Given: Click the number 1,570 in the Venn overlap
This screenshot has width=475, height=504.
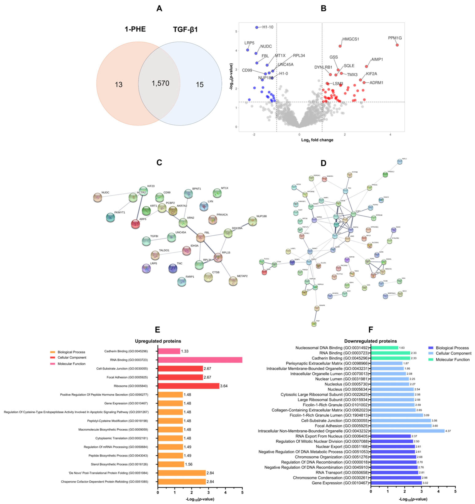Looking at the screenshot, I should click(x=160, y=83).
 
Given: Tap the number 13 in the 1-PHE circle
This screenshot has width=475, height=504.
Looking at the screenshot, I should click(x=119, y=85).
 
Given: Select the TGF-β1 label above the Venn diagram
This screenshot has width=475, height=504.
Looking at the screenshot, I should click(x=185, y=30).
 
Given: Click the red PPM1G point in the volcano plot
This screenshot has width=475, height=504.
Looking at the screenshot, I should click(x=397, y=45).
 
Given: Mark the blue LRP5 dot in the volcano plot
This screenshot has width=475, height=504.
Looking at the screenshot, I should click(x=247, y=50).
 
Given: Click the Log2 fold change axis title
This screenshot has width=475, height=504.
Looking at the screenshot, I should click(x=317, y=140).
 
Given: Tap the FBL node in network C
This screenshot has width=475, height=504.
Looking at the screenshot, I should click(x=200, y=238).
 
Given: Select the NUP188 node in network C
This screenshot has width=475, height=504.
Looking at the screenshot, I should click(x=253, y=221).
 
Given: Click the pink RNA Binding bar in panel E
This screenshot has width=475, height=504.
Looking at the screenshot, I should click(x=200, y=360).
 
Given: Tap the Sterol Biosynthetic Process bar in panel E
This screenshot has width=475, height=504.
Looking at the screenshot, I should click(x=171, y=464).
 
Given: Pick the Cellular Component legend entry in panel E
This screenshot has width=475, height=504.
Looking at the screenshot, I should click(x=72, y=358).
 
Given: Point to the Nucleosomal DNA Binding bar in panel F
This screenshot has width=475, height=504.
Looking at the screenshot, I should click(x=384, y=348).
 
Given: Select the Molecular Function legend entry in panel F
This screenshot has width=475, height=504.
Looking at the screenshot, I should click(x=452, y=360).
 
